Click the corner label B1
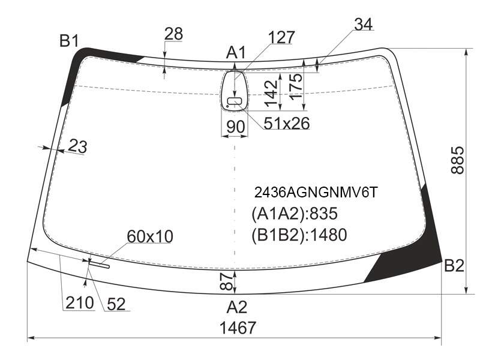point(69,41)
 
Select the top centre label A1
point(236,52)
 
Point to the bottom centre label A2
point(236,307)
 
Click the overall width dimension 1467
point(238,328)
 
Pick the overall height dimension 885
point(458,160)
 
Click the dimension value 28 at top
point(173,34)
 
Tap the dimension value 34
point(364,24)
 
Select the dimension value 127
point(281,37)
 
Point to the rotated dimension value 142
point(272,93)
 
